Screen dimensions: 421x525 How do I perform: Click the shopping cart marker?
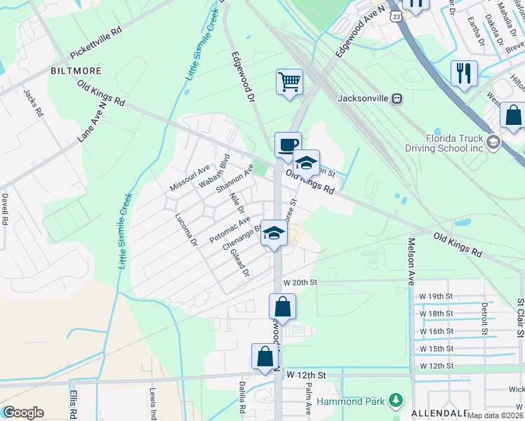[x=289, y=82]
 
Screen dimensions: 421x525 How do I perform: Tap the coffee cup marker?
[x=288, y=145]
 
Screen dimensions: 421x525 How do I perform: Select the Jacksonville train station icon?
[x=397, y=98]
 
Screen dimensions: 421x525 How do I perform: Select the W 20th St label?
[x=300, y=281]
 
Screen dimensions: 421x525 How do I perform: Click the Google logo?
[x=22, y=412]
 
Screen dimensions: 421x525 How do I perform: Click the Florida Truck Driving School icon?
[x=493, y=142]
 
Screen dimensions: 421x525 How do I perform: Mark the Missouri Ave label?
[x=190, y=178]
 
